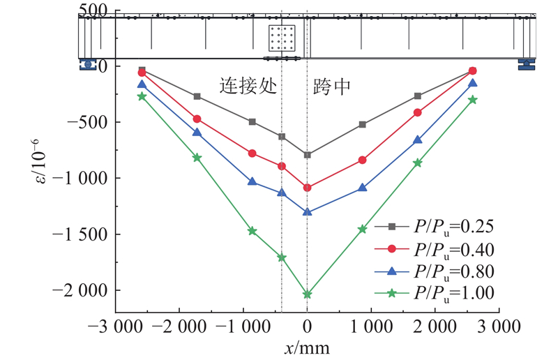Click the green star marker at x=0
[308, 294]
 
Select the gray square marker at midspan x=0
[308, 154]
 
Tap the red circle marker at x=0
[308, 188]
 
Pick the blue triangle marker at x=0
[308, 211]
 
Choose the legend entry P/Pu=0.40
[436, 248]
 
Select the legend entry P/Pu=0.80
[436, 271]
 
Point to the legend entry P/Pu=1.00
[436, 293]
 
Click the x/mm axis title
[308, 347]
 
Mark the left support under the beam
[88, 64]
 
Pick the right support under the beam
[527, 64]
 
